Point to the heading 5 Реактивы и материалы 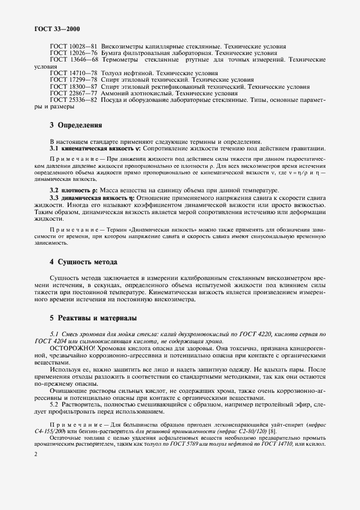[x=93, y=318]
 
